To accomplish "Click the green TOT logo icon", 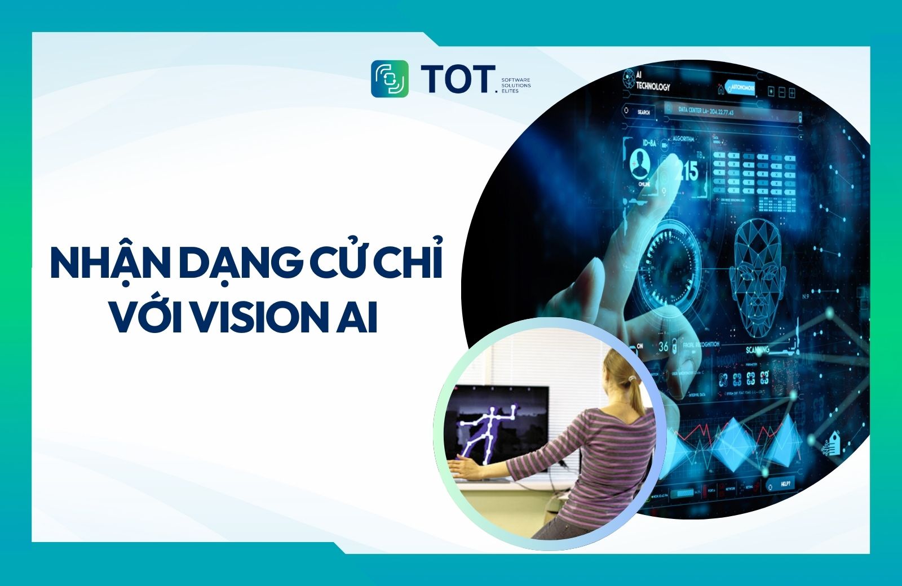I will (x=390, y=79).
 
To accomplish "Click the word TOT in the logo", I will (x=457, y=79).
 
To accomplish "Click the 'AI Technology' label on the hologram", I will (x=653, y=83).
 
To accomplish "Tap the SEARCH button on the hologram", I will (x=643, y=112).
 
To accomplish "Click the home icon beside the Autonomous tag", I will (x=720, y=88).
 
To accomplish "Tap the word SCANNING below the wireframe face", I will (x=758, y=350).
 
